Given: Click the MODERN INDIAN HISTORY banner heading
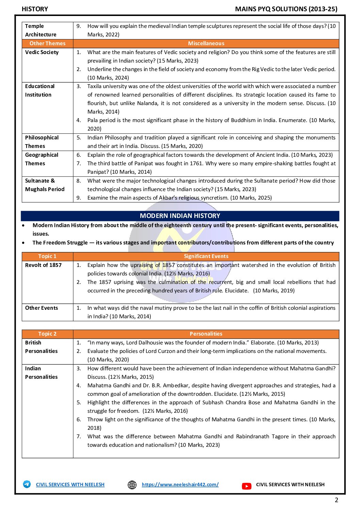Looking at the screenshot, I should click(x=180, y=216).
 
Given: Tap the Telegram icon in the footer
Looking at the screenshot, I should click(x=27, y=484).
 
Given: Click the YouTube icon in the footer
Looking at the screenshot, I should click(x=247, y=486).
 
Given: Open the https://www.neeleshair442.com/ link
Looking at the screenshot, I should click(x=180, y=485).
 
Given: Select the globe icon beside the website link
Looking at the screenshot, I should click(x=132, y=485).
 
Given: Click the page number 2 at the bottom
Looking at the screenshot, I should click(x=337, y=500).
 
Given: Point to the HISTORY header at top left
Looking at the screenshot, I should click(x=35, y=9).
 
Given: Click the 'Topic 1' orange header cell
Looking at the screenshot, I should click(x=47, y=256).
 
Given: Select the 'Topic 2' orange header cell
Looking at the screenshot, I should click(x=47, y=334).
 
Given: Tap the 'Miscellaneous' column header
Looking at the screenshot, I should click(x=206, y=44).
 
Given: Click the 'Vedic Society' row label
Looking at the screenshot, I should click(x=42, y=52).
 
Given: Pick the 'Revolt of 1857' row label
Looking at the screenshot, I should click(x=43, y=265).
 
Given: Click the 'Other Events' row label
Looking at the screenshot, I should click(x=42, y=308).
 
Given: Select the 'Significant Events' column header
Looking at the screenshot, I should click(x=206, y=256).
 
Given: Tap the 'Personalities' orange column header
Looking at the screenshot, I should click(x=206, y=334).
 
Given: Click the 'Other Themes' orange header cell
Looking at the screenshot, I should click(x=47, y=44).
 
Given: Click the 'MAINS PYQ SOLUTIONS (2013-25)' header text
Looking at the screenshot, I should click(x=286, y=9).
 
